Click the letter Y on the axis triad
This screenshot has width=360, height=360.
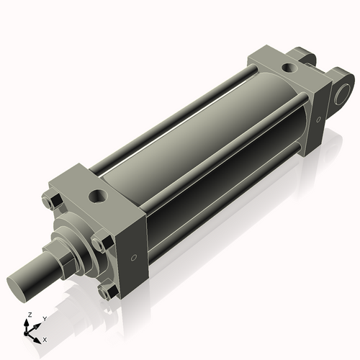click(x=44, y=318)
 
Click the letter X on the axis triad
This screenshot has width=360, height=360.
click(x=45, y=338)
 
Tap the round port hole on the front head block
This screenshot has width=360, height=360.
click(x=96, y=195)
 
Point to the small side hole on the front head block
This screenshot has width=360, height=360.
click(x=133, y=257)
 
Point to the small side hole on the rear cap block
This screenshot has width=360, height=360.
click(x=318, y=119)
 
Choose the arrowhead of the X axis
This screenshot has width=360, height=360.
click(x=39, y=337)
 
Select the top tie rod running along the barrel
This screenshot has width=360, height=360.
click(x=180, y=108)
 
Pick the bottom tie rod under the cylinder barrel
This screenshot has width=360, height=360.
click(x=216, y=216)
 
